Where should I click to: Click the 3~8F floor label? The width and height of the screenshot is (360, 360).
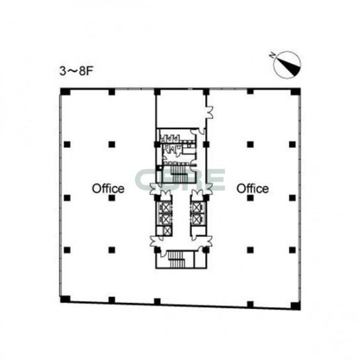[x=76, y=71]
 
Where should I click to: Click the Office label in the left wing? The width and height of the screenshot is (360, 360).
[x=108, y=189]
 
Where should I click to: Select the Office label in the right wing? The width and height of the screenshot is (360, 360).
[x=253, y=189]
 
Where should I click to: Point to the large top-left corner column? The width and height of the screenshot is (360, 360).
[x=66, y=91]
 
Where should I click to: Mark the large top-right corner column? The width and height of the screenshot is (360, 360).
[x=296, y=91]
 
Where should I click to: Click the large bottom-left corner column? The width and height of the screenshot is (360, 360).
[x=66, y=299]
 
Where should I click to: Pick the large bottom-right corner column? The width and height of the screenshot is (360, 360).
[x=296, y=306]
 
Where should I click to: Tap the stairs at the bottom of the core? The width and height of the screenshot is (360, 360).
[x=177, y=259]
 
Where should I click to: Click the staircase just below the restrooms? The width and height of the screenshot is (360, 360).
[x=180, y=173]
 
